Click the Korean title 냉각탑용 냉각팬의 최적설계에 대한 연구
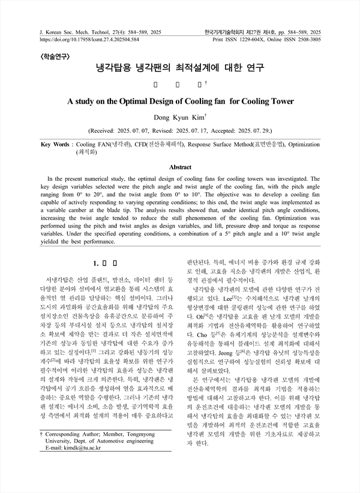(x=181, y=68)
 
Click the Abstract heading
(x=181, y=167)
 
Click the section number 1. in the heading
(x=91, y=262)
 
